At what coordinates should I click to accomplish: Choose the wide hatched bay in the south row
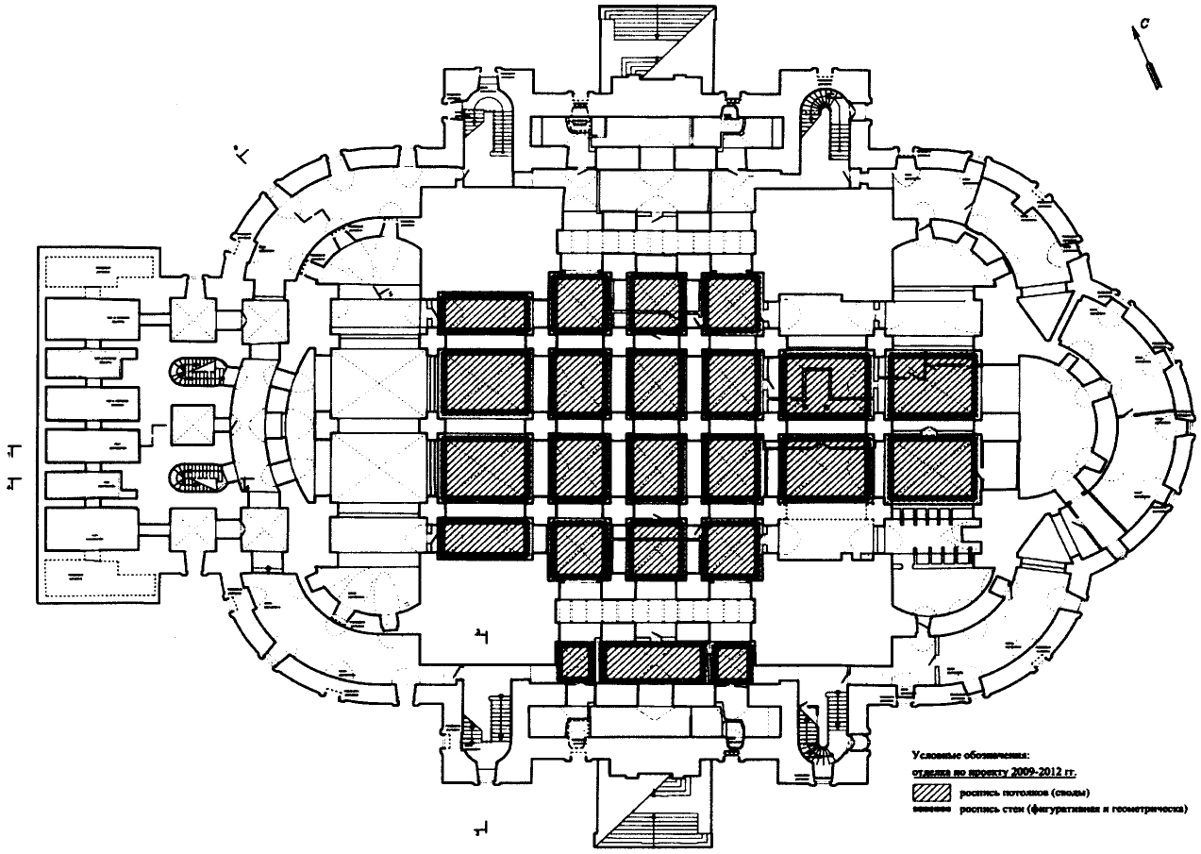[655, 661]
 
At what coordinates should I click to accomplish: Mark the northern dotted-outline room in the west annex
[99, 273]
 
